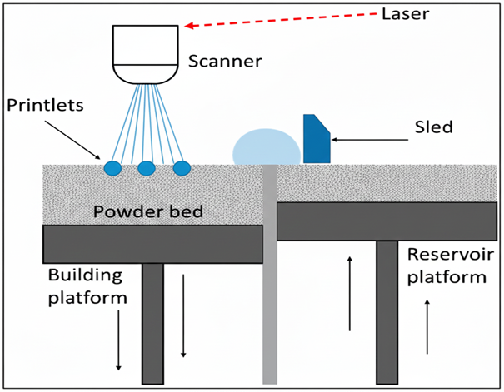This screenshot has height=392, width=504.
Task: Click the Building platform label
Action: click(85, 285)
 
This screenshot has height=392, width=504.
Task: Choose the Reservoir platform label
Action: click(447, 265)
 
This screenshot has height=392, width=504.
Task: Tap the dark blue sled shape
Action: click(316, 140)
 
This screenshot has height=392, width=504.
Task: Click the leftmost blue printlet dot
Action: click(112, 167)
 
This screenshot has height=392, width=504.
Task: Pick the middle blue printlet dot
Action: click(147, 168)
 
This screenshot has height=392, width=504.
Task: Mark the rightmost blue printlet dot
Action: click(182, 167)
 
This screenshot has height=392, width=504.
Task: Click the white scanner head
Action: click(146, 54)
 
